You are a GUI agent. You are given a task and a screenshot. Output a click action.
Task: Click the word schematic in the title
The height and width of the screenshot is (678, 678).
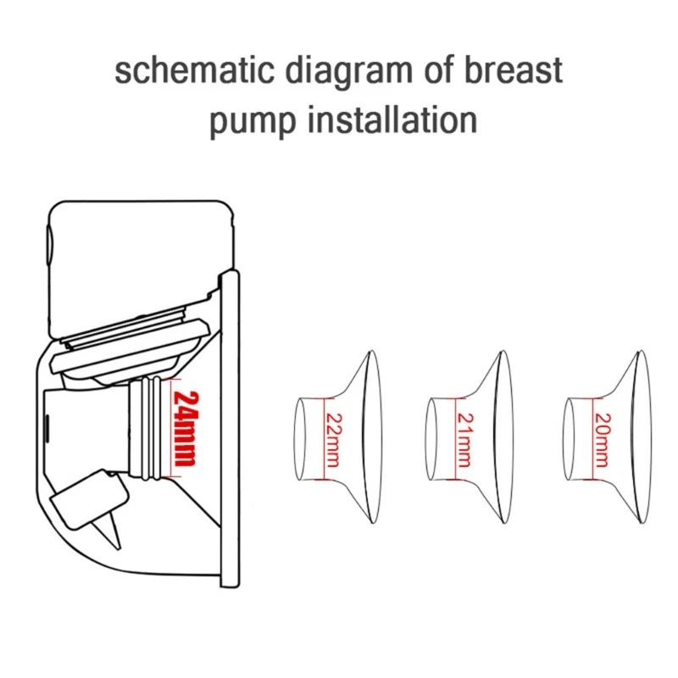[195, 70]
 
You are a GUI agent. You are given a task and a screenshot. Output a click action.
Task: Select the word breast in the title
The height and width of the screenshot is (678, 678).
[514, 70]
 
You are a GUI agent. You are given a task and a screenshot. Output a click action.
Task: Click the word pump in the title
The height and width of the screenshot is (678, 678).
[253, 120]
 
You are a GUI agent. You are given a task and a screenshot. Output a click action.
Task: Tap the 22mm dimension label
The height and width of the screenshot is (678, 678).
[333, 440]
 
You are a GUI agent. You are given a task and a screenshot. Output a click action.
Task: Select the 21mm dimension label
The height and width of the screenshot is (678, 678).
[464, 440]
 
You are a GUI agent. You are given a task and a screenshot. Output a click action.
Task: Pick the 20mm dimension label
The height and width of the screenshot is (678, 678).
[603, 440]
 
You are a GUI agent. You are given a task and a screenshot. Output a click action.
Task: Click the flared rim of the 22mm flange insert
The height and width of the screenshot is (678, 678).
[372, 436]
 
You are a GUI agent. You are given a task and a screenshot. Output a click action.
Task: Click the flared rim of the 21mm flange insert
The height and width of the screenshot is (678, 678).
[503, 436]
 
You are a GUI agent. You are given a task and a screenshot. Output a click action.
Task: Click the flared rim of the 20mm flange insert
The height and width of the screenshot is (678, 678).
[641, 436]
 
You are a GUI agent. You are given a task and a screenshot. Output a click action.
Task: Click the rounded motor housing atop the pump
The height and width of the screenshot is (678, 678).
[141, 268]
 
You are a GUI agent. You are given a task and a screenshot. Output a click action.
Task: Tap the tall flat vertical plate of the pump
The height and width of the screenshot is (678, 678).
[230, 428]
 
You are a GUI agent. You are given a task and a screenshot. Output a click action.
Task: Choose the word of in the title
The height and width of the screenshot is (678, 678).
[439, 70]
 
